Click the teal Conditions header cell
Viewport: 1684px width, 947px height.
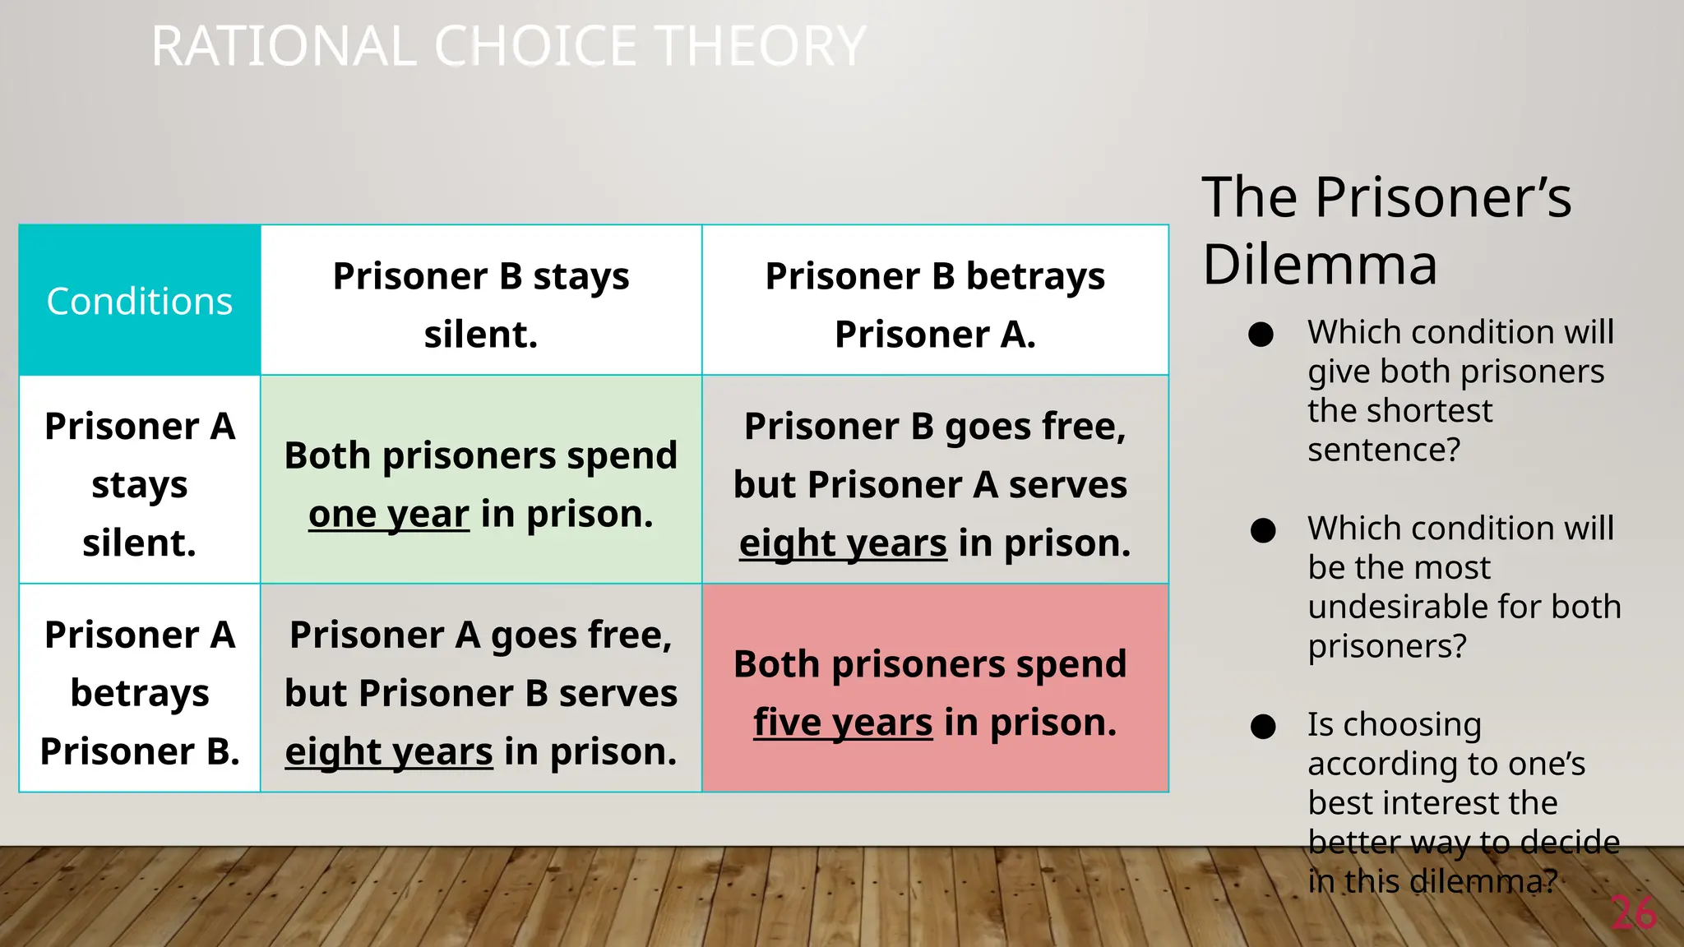[x=140, y=301]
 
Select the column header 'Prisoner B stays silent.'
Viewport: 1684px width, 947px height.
[x=481, y=304]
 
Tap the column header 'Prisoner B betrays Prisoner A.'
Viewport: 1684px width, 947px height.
[x=935, y=304]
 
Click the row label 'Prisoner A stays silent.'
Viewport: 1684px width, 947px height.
[x=140, y=484]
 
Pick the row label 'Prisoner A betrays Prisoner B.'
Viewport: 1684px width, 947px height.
[x=140, y=692]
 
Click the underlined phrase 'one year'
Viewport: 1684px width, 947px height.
[x=389, y=515]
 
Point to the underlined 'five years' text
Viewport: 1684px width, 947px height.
[x=843, y=723]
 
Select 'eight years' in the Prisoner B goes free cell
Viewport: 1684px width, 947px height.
[x=843, y=544]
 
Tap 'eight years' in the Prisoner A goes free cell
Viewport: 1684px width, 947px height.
[x=389, y=752]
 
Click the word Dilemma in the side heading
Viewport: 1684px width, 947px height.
[x=1320, y=265]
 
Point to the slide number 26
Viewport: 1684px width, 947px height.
[x=1633, y=913]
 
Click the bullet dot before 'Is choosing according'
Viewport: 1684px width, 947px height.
[x=1262, y=727]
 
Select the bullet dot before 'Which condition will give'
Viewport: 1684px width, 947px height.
[x=1261, y=335]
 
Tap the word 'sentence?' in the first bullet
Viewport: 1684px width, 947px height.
[x=1384, y=450]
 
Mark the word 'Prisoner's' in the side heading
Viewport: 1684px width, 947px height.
[x=1443, y=198]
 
